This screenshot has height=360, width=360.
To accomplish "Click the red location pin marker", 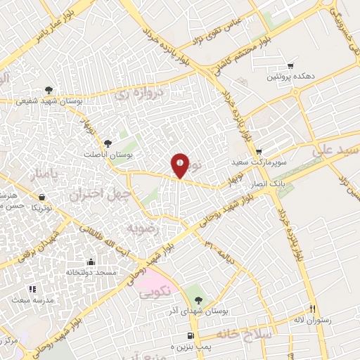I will pos(180,165).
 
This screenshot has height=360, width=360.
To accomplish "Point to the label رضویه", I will pos(139,229).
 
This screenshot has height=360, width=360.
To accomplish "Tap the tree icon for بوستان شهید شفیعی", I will pos(48,90).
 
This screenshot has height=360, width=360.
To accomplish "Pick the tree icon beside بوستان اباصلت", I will pos(107,143).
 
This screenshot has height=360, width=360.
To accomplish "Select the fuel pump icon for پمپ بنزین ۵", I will pos(191,335).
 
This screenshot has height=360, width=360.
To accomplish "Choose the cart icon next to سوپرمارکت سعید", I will pos(258,151).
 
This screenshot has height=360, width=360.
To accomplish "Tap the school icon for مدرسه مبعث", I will pos(32,288).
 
